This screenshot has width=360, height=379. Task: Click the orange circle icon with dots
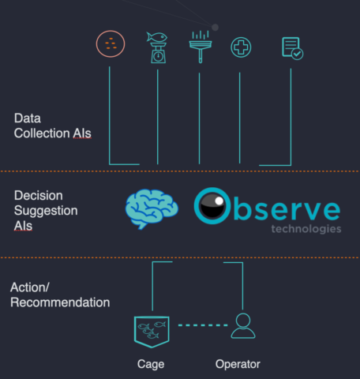tap(111, 43)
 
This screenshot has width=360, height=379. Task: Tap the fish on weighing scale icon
tap(157, 47)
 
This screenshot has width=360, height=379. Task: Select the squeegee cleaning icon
tap(201, 47)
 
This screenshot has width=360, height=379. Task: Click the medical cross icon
tap(241, 47)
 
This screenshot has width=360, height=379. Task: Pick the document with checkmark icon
tap(292, 48)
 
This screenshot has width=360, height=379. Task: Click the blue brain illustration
tap(152, 208)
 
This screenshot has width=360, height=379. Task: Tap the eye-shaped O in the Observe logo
tap(212, 206)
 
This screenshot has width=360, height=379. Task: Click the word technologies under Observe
tap(306, 229)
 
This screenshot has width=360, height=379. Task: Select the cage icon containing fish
tap(152, 332)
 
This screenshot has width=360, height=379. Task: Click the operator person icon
tap(243, 326)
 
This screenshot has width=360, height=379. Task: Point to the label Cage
tap(151, 364)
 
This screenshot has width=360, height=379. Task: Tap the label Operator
tap(238, 364)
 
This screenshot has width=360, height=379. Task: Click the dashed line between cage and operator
tap(203, 325)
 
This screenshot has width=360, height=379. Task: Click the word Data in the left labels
tap(28, 118)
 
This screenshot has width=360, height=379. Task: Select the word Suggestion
tap(46, 211)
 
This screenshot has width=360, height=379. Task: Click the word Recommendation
tap(60, 302)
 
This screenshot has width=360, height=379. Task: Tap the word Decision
tap(39, 196)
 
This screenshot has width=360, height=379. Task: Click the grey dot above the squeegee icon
tap(215, 27)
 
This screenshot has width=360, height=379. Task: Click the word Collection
tap(42, 133)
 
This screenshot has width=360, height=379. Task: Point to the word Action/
tap(30, 287)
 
